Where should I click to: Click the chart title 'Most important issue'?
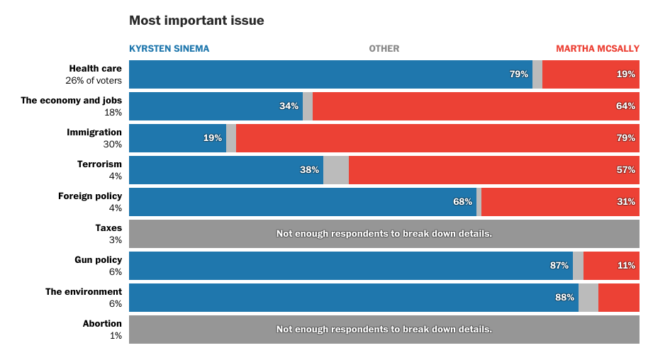[x=196, y=21]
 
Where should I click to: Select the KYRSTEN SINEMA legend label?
[x=169, y=49]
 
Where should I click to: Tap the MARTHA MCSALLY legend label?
[x=597, y=49]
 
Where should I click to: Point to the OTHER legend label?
[x=384, y=49]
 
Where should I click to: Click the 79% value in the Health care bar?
[x=519, y=74]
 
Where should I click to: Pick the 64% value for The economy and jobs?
[x=625, y=106]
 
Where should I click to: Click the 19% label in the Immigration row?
[x=213, y=138]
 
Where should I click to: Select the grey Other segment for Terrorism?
[x=336, y=170]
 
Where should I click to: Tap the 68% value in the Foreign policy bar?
[x=463, y=202]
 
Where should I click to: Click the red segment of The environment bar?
[x=619, y=298]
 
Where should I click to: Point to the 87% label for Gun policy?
[x=559, y=266]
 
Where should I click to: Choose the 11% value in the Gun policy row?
[x=626, y=266]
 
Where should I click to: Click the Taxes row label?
[x=108, y=228]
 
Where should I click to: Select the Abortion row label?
[x=102, y=324]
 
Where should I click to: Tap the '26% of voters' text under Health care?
[x=94, y=81]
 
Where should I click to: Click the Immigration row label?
[x=94, y=133]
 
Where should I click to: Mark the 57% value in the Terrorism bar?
[x=625, y=170]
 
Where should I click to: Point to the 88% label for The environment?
[x=565, y=298]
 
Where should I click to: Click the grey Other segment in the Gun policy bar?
[x=579, y=266]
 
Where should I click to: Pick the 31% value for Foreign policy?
[x=625, y=202]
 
